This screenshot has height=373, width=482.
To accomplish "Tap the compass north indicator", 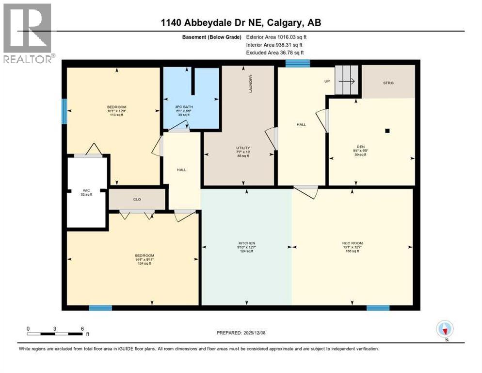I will click(445, 330).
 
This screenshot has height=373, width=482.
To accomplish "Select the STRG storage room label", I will click(388, 83).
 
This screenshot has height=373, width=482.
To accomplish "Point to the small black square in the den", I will click(387, 130).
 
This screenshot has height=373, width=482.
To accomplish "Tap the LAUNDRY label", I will click(251, 83).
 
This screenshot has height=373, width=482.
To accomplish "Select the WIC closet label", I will click(86, 191).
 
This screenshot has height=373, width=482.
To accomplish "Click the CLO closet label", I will click(137, 199).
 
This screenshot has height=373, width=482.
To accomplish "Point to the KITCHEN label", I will click(246, 243).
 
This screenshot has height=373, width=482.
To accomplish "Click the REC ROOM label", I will click(353, 243).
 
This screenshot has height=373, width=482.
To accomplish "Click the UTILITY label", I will click(240, 148).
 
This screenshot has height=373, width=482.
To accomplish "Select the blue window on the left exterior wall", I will click(64, 111).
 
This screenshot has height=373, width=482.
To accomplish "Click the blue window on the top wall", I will click(298, 63).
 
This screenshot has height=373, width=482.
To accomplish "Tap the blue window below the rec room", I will click(378, 307).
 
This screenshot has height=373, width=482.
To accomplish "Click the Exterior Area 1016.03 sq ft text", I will click(276, 36).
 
